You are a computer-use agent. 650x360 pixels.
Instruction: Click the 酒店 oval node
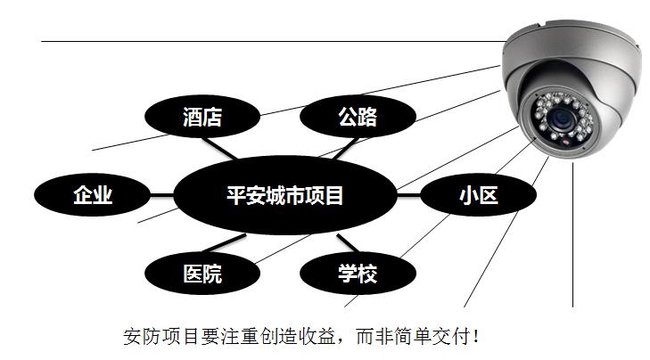coord(202,117)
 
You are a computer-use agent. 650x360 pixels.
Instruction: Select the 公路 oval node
coord(357,117)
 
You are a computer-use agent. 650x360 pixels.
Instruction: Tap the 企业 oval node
coord(93,195)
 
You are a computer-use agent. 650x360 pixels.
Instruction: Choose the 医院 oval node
coord(202,273)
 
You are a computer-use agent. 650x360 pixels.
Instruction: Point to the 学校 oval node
coord(357,273)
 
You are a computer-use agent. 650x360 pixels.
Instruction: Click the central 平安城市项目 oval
coord(284,195)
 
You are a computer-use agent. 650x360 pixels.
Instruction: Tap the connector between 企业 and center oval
coord(161,195)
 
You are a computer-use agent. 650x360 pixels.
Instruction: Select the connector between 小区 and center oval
coord(407,195)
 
